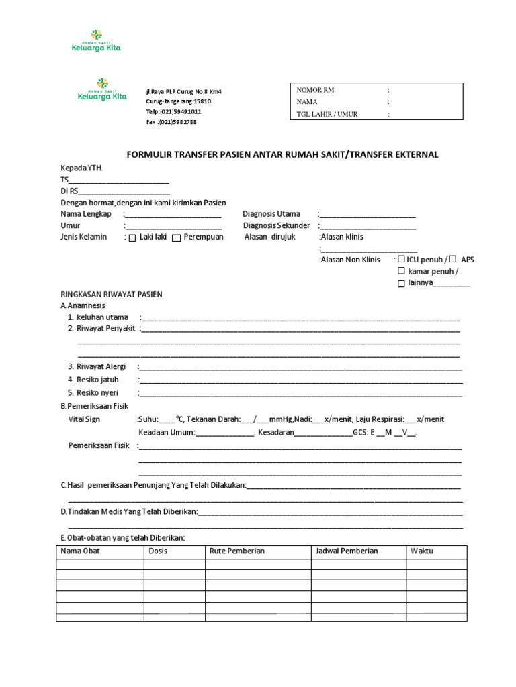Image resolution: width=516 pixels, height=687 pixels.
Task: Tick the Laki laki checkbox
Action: (x=132, y=238)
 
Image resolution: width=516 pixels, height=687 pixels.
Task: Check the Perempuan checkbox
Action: (x=176, y=238)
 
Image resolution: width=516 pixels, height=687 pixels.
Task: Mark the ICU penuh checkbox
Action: (x=401, y=259)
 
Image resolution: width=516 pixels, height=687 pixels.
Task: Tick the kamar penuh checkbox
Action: (x=401, y=272)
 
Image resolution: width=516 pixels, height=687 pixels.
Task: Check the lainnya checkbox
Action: (x=401, y=284)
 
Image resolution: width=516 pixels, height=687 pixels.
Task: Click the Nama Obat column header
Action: (x=80, y=551)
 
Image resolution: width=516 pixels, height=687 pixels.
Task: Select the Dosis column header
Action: (x=158, y=551)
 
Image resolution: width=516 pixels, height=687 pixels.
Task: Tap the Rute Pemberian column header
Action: (x=237, y=551)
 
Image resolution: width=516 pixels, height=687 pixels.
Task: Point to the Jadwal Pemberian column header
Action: (x=347, y=551)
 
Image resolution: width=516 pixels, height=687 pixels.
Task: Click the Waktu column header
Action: (x=422, y=551)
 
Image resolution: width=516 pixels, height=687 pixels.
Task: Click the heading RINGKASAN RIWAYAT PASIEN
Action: (x=112, y=295)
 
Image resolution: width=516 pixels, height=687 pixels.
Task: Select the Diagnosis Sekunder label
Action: (x=276, y=226)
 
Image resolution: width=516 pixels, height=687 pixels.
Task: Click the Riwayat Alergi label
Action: (x=92, y=367)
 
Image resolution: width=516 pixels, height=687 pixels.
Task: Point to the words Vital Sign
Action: (x=84, y=419)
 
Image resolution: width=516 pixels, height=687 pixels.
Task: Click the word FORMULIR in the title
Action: (x=146, y=155)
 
